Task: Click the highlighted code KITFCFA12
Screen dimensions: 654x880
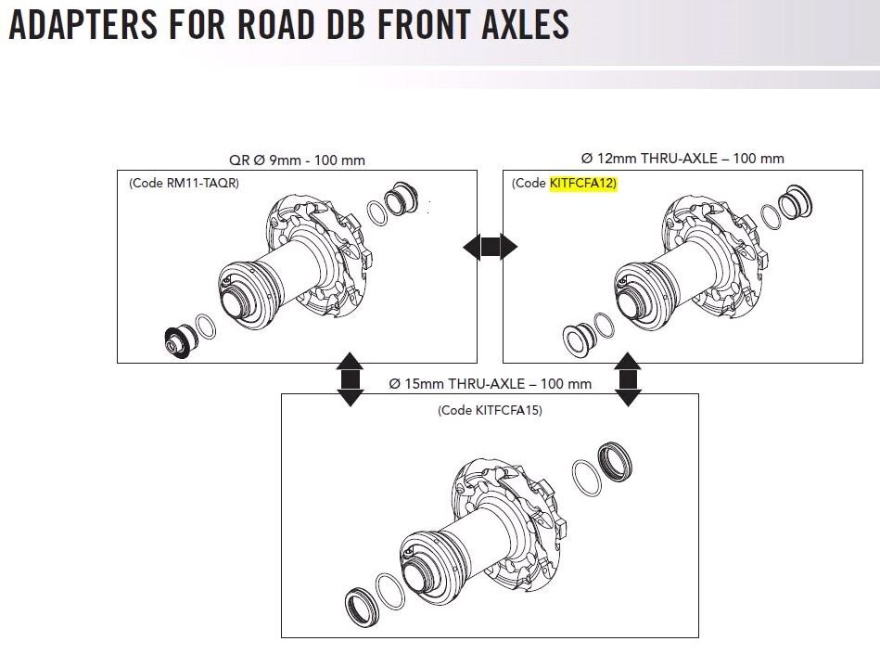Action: [582, 184]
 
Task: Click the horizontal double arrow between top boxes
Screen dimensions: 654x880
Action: [490, 247]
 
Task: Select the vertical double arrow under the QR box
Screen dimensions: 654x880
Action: [350, 378]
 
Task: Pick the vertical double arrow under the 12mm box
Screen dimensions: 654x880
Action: [629, 378]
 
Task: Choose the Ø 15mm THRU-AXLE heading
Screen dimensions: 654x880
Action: [490, 383]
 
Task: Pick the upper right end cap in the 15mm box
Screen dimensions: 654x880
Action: [614, 459]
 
